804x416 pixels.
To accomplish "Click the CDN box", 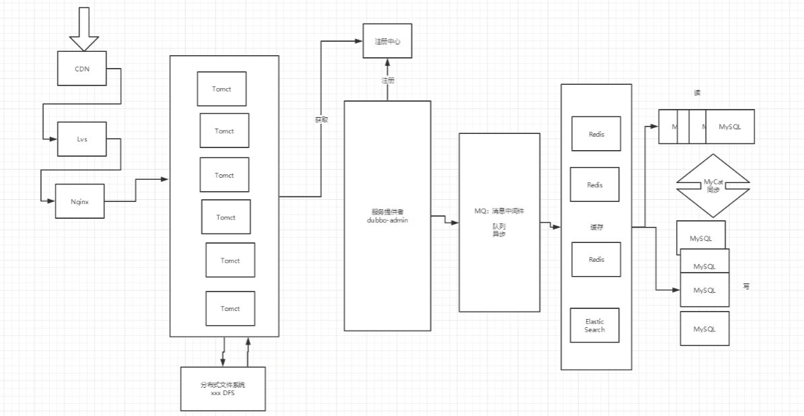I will click(82, 69).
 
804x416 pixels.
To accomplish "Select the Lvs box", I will click(82, 139).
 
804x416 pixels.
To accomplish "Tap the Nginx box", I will click(81, 201).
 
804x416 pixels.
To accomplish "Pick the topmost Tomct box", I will click(222, 89).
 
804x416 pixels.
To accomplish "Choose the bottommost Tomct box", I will click(230, 308).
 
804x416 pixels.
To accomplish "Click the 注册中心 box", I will click(387, 41).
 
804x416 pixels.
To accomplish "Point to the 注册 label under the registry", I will click(388, 80).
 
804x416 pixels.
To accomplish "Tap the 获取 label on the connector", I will click(321, 120).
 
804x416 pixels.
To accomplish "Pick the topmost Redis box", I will click(595, 134).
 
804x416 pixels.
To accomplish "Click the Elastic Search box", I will click(595, 326).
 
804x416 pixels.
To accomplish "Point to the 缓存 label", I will click(597, 228).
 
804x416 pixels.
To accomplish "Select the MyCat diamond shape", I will click(713, 185).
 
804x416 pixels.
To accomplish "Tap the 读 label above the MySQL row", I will click(697, 93).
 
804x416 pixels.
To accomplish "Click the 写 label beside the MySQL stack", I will click(746, 287).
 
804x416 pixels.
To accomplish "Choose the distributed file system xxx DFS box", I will click(223, 388).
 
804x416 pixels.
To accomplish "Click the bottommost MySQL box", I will click(704, 328).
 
